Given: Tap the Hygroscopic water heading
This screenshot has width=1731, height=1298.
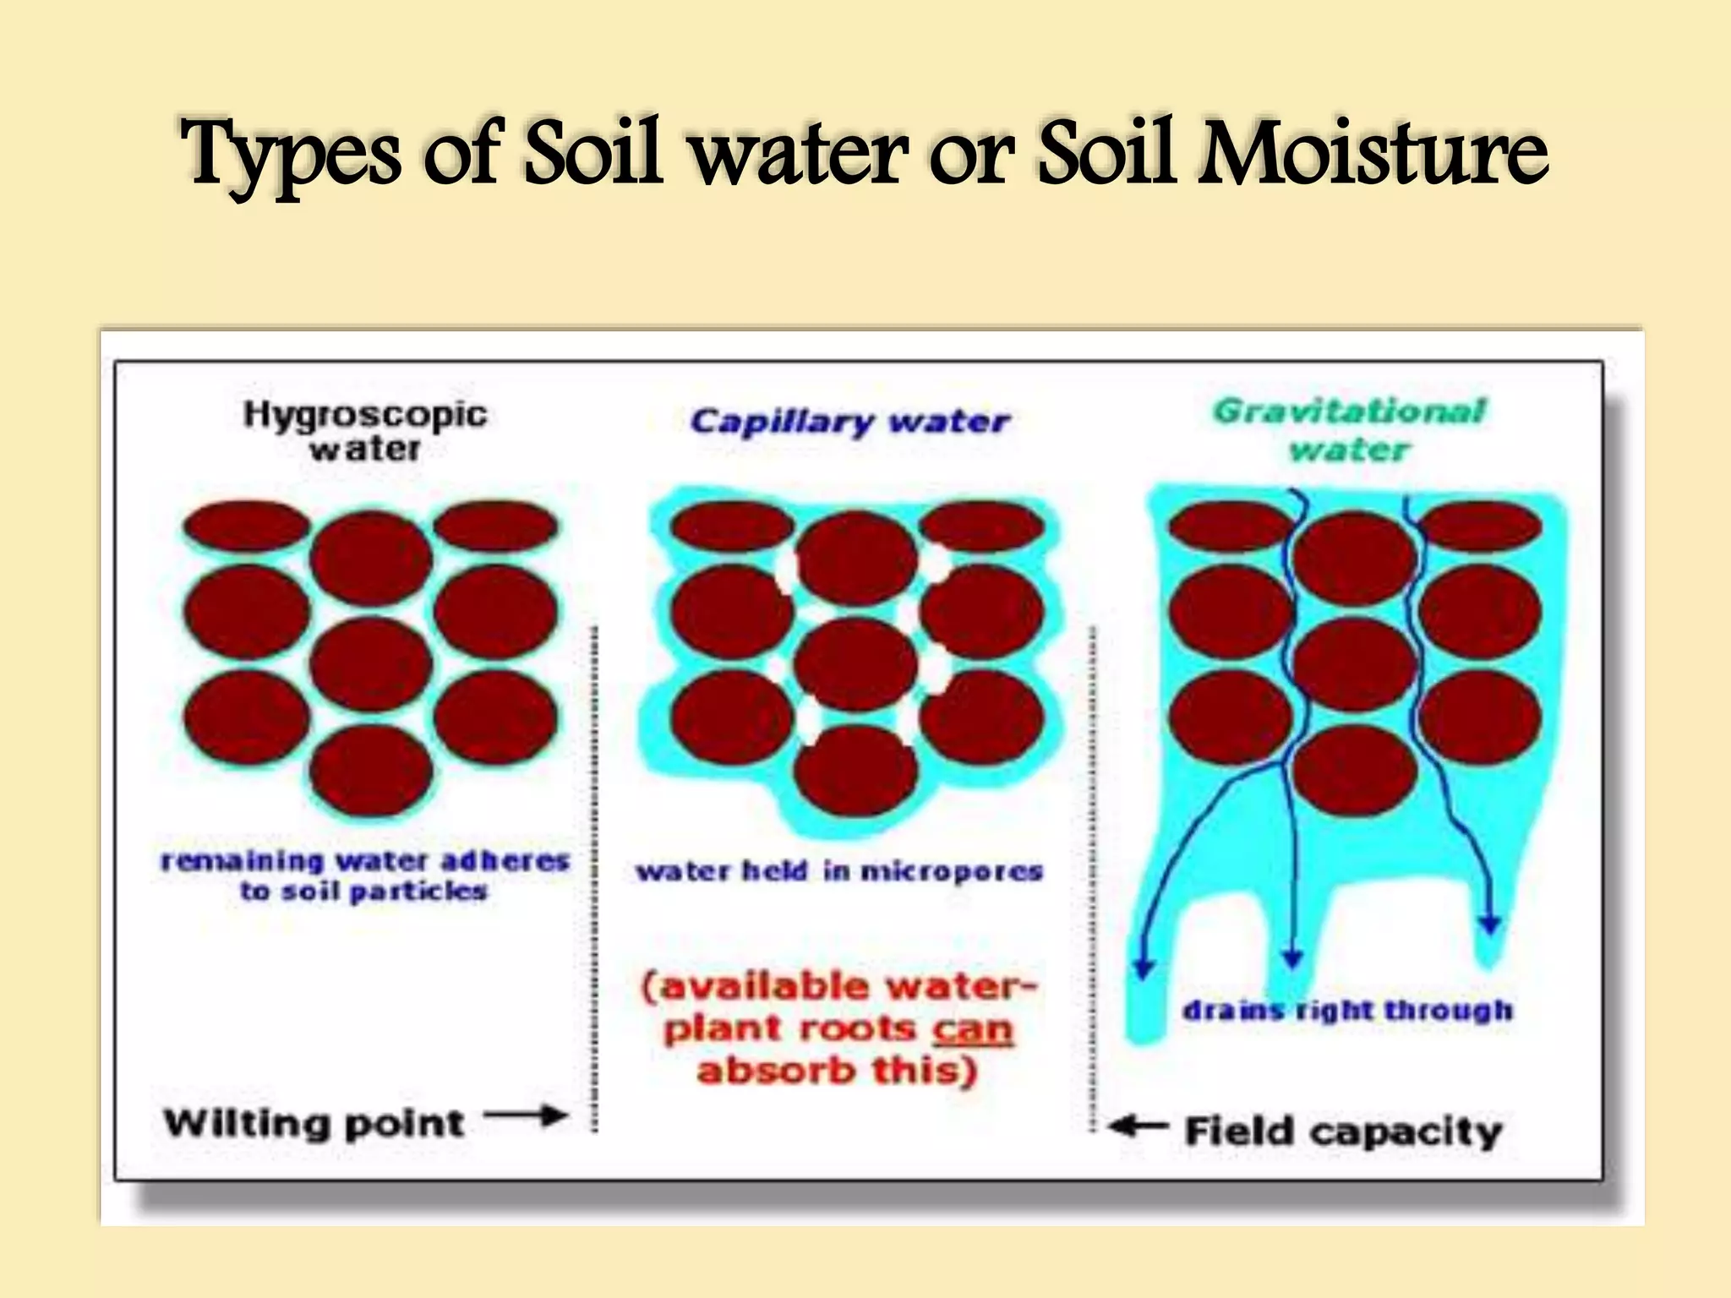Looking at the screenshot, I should point(365,431).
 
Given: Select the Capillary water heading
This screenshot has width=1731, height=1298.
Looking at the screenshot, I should point(849,421).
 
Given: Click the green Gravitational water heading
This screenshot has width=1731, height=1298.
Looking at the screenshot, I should point(1349,429).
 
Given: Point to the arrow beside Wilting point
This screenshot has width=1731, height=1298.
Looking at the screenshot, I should point(526,1116).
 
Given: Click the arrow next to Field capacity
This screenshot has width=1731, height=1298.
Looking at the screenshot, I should point(1137,1126).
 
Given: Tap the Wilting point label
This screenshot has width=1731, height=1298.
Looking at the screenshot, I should point(314,1123).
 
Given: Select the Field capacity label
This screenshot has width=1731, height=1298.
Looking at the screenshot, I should point(1343,1132).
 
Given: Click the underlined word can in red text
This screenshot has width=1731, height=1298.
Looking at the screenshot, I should point(972,1029).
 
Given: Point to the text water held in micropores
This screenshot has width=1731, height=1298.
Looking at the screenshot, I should point(838,871).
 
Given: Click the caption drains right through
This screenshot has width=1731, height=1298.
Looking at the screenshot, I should point(1347,1010).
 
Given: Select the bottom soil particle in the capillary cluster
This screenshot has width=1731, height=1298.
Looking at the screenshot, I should point(855,771).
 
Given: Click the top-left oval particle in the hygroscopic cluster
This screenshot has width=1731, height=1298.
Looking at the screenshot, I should point(247,525).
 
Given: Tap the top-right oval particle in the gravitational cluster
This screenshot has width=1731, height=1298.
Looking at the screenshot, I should point(1479,525).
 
